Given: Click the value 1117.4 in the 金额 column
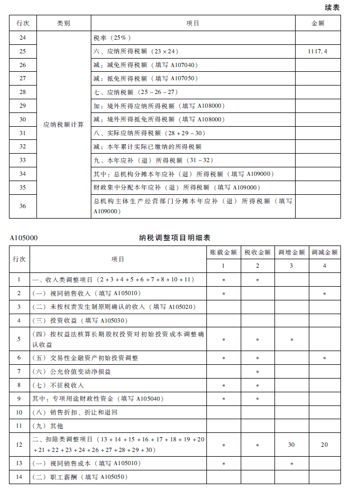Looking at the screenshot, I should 318,51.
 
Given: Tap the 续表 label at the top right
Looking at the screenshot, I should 331,7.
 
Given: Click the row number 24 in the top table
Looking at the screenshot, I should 22,37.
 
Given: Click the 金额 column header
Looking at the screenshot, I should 318,24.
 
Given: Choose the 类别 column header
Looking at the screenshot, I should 63,24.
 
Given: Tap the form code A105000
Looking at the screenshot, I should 24,238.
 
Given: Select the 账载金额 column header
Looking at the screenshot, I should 223,253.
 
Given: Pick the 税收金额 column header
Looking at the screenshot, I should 257,253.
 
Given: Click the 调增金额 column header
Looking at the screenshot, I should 291,253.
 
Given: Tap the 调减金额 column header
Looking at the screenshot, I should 324,253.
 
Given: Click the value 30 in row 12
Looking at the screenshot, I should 291,445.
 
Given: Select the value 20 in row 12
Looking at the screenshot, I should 324,445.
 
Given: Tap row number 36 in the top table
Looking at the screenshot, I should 22,206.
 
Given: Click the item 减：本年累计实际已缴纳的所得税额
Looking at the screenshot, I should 147,147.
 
